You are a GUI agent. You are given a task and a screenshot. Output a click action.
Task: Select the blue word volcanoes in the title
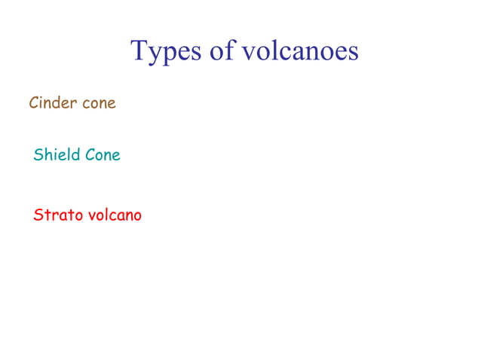[300, 51]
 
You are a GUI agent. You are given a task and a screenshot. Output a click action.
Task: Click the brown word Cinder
[52, 103]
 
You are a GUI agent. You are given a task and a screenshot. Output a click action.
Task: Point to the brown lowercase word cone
[99, 103]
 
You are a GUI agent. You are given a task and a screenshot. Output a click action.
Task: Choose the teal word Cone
[103, 155]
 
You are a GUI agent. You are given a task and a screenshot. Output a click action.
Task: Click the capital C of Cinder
[34, 103]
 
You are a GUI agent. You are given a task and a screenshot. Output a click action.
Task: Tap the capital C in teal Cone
[90, 155]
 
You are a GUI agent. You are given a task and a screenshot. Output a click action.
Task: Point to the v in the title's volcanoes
[250, 53]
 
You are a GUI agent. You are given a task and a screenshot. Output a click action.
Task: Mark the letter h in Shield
[47, 154]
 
